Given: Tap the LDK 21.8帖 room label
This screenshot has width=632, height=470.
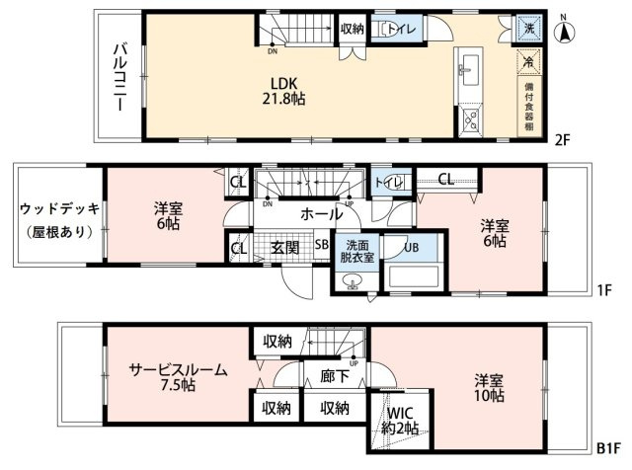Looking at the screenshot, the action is tap(283, 91).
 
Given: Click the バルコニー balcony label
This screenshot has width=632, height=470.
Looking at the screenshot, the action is tap(120, 77).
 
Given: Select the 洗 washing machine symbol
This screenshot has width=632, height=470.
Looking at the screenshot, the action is tap(529, 29).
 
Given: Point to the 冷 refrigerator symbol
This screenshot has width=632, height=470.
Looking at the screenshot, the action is tap(529, 61).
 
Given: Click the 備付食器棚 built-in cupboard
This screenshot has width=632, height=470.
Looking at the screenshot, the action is tap(529, 107).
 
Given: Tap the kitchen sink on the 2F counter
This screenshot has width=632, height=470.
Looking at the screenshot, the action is tap(470, 70).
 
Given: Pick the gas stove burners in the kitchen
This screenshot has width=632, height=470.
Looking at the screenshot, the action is tap(470, 119).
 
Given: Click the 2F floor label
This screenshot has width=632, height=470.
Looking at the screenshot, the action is tap(562, 140).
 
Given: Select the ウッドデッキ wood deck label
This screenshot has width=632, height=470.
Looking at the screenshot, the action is tap(59, 209).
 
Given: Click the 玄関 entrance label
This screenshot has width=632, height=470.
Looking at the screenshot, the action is tap(284, 248).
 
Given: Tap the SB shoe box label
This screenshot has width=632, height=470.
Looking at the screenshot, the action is tap(321, 244).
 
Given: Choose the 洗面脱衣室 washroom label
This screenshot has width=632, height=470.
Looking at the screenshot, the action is tap(357, 251).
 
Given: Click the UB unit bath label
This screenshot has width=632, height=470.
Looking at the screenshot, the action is tap(411, 247).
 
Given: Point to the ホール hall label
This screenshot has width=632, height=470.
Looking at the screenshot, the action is tap(322, 214).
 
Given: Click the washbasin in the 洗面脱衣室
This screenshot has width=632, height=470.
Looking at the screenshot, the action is tap(354, 281).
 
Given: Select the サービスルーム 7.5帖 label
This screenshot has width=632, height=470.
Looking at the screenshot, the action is tap(178, 377).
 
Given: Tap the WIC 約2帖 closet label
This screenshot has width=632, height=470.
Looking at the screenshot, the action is tap(400, 421).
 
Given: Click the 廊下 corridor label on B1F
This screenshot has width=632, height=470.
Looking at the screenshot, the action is tap(335, 376).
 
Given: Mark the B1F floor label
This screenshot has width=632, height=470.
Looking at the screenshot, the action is tap(608, 448).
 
